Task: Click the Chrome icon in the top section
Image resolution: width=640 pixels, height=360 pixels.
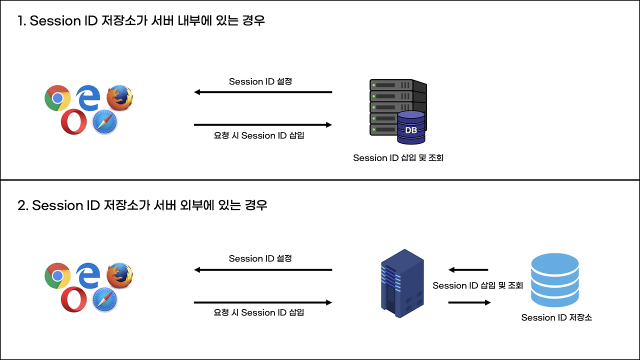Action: (57, 98)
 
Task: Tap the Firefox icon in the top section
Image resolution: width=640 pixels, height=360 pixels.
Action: (119, 97)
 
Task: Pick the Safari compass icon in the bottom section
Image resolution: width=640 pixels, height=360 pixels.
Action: (104, 299)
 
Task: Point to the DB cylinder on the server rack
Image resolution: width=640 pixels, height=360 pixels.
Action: (411, 128)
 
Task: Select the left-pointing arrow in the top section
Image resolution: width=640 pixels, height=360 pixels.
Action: (263, 92)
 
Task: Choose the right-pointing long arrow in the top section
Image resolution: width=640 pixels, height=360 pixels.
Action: (263, 124)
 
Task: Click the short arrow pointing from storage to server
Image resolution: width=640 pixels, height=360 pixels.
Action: (468, 270)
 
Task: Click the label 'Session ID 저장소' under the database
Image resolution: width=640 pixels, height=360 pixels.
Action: (556, 317)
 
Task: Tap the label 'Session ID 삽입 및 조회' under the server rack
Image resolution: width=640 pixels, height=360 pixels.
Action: (398, 158)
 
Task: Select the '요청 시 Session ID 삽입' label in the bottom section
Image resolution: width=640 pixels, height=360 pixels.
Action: (258, 312)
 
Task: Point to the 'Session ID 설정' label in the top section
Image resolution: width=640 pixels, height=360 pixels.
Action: (260, 81)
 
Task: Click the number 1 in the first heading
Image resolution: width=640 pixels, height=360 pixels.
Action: (20, 21)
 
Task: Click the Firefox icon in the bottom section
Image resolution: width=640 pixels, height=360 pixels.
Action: (119, 274)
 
